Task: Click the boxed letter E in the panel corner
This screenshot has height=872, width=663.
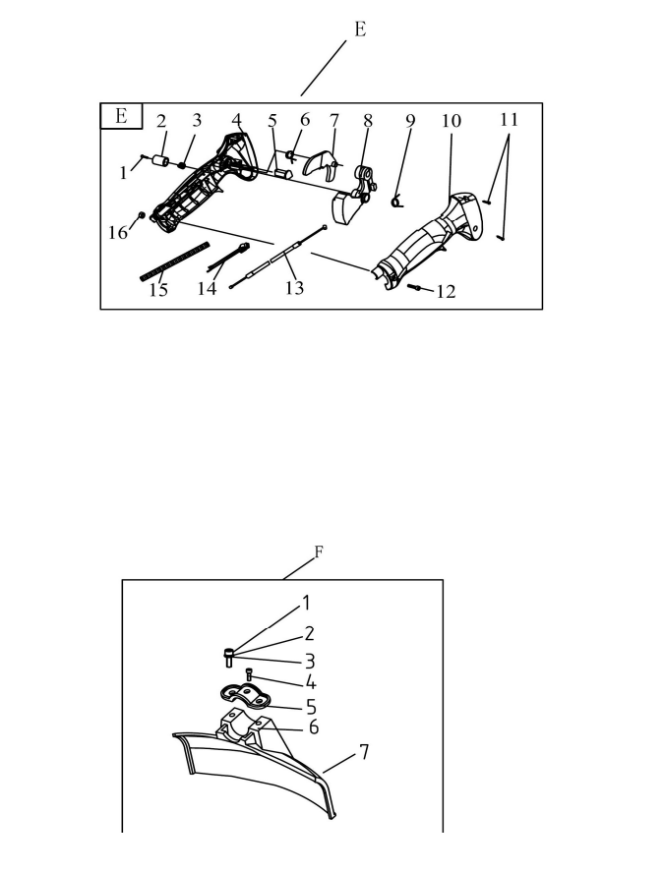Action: tap(121, 116)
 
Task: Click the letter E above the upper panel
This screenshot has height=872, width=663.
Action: tap(360, 29)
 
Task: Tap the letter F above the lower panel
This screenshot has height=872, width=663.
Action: tap(319, 552)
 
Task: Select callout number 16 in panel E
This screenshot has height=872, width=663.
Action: tap(117, 233)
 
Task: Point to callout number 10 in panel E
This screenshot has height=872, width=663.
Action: tap(451, 121)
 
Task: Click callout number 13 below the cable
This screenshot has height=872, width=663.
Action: tap(294, 288)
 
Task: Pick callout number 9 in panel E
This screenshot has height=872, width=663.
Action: tap(410, 121)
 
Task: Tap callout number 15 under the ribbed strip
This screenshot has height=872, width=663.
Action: tap(158, 290)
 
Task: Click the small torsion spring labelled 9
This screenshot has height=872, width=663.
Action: tap(396, 202)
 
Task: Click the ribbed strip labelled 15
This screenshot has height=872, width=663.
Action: tap(175, 261)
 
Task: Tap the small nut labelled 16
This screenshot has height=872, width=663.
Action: tap(142, 215)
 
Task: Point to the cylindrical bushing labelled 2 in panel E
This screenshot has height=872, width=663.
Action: tap(160, 161)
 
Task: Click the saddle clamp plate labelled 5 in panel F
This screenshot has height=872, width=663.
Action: tap(245, 697)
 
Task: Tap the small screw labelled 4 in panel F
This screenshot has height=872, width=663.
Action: tap(249, 674)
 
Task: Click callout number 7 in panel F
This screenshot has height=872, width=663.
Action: tap(364, 752)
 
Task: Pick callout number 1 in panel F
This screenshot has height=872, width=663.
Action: tap(305, 603)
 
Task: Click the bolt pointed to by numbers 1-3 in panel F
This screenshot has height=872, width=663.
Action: tap(229, 658)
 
